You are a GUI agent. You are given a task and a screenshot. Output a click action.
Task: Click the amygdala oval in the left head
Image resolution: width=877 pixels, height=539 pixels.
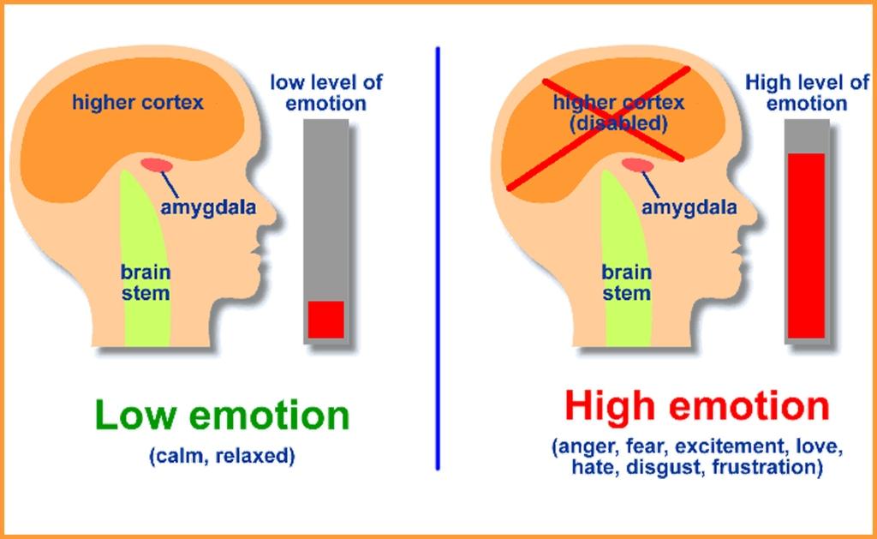(x=156, y=164)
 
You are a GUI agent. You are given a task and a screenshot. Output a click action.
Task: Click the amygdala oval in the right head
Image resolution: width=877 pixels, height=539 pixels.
(x=636, y=165)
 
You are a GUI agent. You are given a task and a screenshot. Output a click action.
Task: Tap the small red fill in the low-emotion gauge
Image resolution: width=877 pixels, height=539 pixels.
(x=325, y=319)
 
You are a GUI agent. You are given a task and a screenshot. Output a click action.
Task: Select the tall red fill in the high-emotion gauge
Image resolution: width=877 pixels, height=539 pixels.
(x=806, y=245)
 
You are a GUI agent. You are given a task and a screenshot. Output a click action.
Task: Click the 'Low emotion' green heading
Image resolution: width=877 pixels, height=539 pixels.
(x=223, y=416)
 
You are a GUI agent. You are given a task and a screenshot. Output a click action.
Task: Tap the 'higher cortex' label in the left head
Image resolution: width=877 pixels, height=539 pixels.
(x=138, y=103)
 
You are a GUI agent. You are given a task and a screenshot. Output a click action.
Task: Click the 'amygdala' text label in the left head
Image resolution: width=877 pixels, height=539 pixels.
(x=209, y=207)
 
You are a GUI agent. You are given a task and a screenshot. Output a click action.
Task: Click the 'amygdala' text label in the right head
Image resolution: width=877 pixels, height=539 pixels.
(x=689, y=207)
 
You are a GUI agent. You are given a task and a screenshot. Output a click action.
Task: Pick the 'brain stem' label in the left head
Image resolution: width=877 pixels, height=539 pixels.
(x=145, y=283)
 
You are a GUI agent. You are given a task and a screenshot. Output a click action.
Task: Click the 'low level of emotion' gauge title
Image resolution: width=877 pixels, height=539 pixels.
(x=326, y=93)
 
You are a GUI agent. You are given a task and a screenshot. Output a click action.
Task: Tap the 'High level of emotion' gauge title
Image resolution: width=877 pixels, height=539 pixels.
(x=807, y=93)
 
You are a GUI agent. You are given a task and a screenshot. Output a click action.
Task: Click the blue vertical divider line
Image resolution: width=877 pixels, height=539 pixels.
(x=438, y=257)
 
